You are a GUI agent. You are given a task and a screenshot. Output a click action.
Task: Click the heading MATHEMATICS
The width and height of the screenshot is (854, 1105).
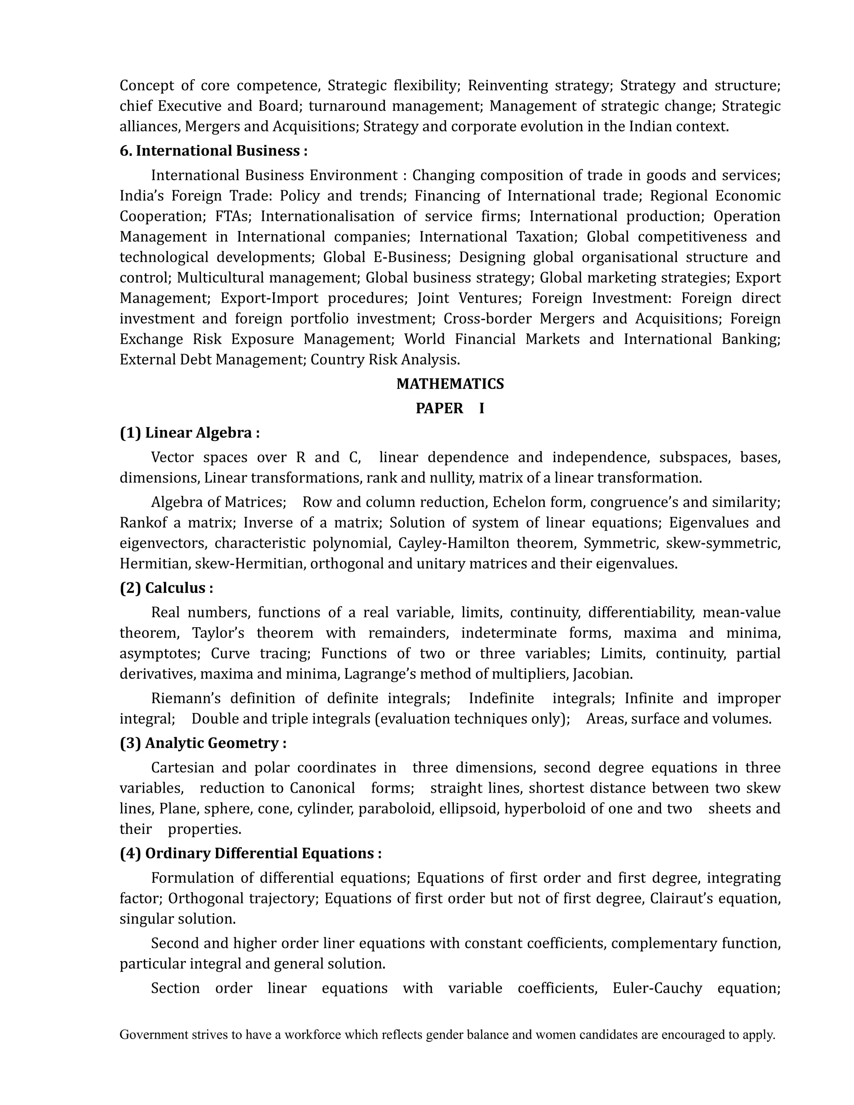point(450,384)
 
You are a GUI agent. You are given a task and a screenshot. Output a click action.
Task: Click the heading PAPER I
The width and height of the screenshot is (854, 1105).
point(450,408)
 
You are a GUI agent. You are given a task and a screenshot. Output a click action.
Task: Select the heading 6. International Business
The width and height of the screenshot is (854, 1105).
point(213,151)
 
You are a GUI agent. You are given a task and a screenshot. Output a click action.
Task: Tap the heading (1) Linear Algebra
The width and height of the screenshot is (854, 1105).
point(190,433)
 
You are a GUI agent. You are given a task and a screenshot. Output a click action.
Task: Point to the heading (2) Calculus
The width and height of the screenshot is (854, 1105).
point(166,588)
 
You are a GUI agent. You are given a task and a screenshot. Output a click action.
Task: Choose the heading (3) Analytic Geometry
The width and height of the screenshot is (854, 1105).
point(203,743)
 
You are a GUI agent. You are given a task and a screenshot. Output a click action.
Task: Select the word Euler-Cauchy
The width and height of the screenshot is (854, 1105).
point(657,988)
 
